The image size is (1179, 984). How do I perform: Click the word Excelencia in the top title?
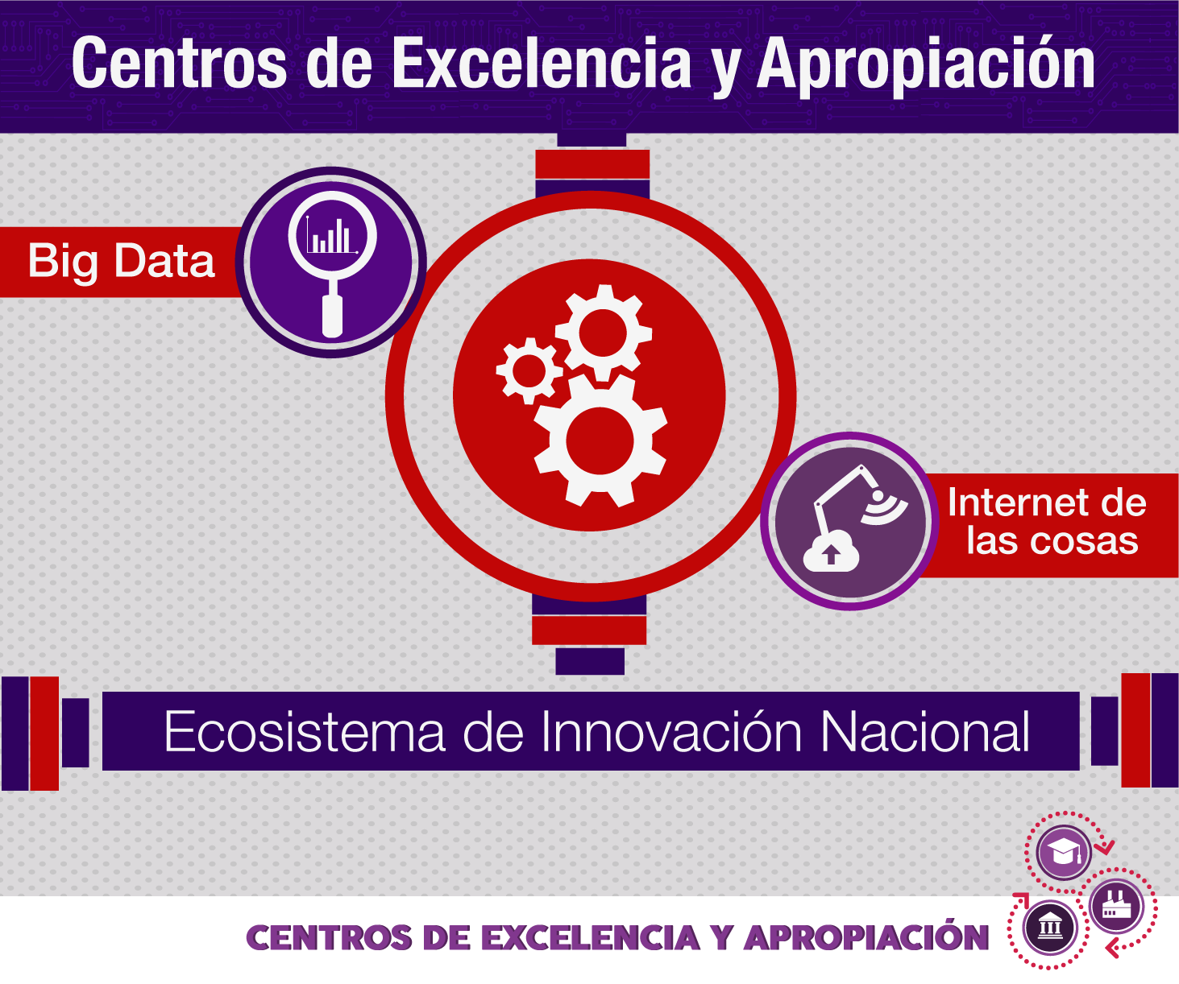coord(541,63)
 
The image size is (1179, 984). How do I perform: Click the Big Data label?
coord(122,262)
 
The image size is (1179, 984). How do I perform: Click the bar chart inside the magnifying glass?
coord(331,235)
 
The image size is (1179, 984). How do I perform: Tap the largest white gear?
coord(600,440)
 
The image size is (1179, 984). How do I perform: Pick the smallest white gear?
coord(529,370)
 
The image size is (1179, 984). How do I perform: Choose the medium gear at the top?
coord(603,333)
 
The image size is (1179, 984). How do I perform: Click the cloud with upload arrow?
coord(831,551)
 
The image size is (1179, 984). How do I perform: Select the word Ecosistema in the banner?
coord(305,732)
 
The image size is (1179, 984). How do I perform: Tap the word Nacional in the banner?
coord(925,732)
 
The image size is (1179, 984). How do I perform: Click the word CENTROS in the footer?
coord(329,938)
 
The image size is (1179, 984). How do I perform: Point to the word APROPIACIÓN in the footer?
coord(867,936)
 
